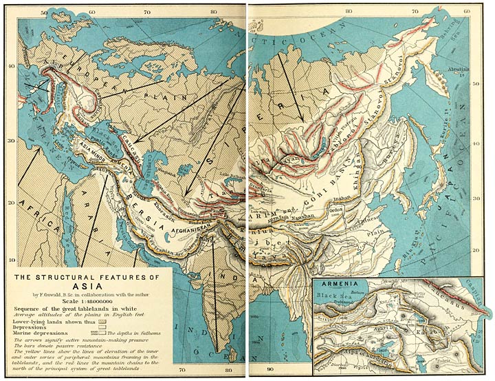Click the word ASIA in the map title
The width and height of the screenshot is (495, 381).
pos(83,290)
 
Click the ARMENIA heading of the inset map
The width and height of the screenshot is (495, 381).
pos(335,283)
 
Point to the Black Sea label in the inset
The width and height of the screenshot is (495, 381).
pos(335,292)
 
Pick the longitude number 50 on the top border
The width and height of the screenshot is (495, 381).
pos(44,12)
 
